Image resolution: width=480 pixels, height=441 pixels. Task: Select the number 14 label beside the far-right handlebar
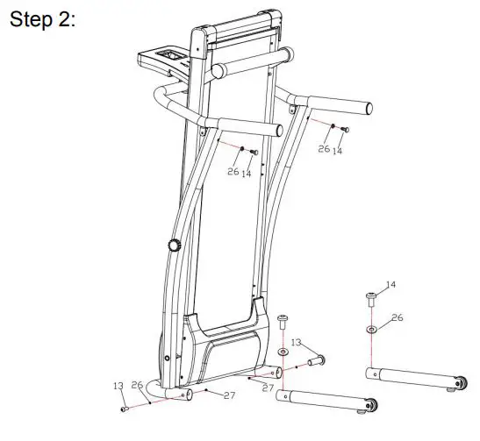(x=338, y=150)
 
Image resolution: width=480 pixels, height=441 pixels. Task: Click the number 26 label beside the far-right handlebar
(x=324, y=150)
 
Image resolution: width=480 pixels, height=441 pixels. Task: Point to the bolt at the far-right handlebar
(x=345, y=130)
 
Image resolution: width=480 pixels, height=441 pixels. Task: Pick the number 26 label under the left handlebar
(x=233, y=172)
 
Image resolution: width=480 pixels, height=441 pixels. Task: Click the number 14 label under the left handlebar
(x=247, y=174)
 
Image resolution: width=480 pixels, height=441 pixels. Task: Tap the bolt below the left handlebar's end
(x=254, y=152)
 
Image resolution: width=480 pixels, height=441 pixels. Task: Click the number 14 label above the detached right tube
(x=391, y=285)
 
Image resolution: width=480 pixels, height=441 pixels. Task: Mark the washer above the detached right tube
(x=371, y=330)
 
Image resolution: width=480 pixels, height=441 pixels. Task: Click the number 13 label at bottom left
(x=118, y=386)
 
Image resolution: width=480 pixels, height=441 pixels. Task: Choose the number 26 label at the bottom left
(x=136, y=385)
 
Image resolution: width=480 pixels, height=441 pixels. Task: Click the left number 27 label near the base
(x=229, y=395)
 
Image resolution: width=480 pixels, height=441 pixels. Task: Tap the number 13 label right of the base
(x=297, y=341)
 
